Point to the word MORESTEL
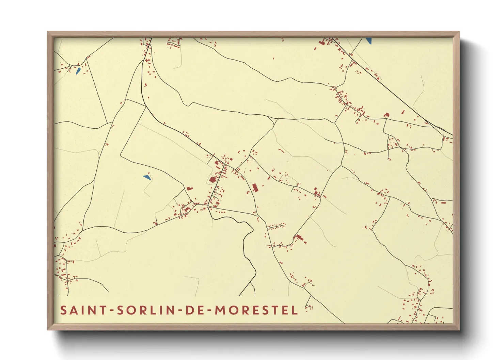(256, 310)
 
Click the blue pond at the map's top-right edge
(368, 40)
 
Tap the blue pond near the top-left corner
(78, 71)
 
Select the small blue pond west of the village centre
(147, 177)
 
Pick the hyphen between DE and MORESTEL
(208, 311)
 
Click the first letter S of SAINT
(63, 310)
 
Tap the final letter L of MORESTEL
(295, 310)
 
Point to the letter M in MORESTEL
(220, 310)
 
